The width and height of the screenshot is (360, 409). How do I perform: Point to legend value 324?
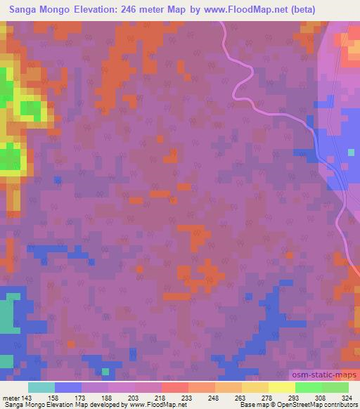click(x=348, y=398)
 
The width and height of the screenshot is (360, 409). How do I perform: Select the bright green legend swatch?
click(x=308, y=387)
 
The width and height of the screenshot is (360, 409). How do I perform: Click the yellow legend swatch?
click(x=281, y=387)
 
